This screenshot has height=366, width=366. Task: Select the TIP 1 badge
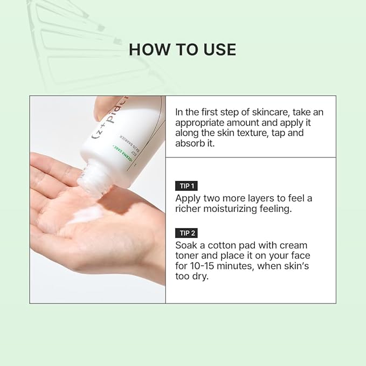[186, 186]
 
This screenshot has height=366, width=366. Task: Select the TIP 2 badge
[186, 233]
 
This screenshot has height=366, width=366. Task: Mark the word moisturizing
[240, 209]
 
